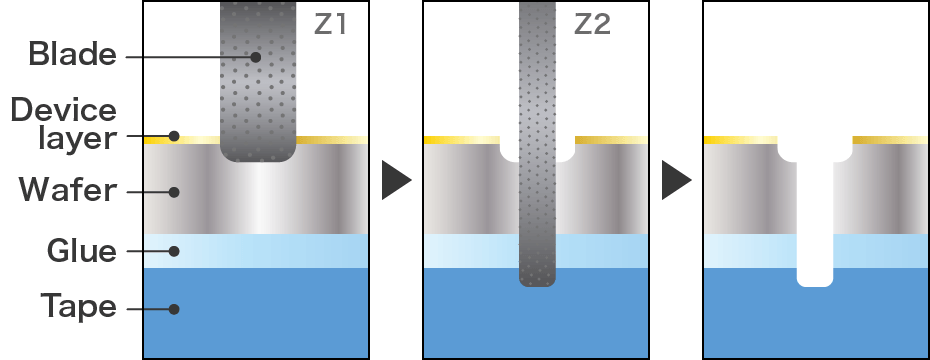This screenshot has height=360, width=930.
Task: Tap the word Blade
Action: pos(71,54)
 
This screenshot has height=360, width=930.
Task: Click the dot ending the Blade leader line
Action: pos(256,57)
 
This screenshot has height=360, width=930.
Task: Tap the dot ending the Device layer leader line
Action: pos(174,136)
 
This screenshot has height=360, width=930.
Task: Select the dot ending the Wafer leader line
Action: pos(174,191)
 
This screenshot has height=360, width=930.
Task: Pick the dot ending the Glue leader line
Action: pos(174,251)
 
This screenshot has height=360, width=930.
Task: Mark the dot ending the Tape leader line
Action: pos(174,309)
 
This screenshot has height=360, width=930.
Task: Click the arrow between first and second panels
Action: pos(396,181)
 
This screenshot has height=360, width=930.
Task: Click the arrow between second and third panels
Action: pos(676,181)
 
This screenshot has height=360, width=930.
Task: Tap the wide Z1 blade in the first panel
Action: pos(257,90)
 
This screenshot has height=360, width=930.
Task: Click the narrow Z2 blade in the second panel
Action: pos(537,150)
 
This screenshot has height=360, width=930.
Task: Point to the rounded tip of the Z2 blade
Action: pos(537,281)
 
